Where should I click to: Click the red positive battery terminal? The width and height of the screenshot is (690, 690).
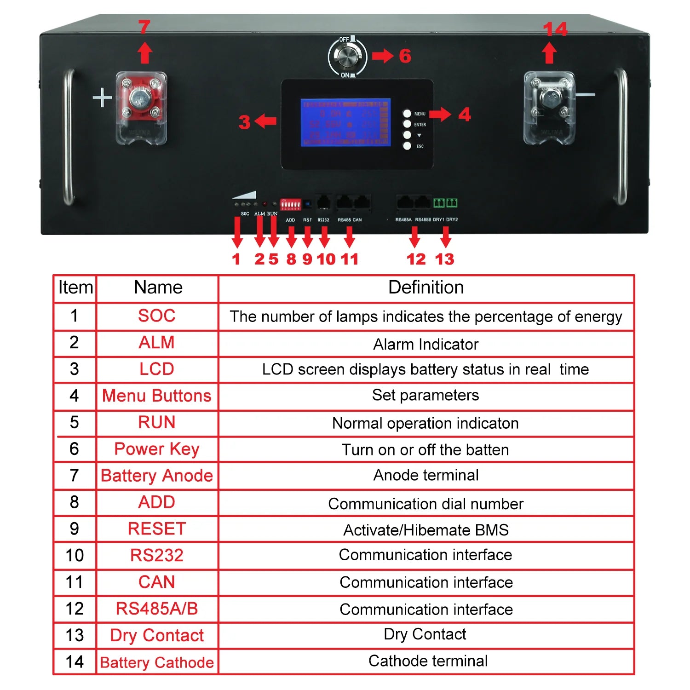(140, 100)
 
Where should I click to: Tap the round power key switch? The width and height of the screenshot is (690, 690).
(347, 57)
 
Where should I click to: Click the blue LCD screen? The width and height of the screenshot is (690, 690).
(345, 122)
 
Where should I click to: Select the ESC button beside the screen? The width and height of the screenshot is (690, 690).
(407, 146)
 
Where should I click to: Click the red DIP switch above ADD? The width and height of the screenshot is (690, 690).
(290, 204)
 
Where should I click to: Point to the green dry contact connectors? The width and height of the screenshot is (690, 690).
(445, 203)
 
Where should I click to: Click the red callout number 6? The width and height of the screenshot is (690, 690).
(405, 56)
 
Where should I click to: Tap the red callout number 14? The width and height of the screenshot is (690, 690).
(555, 29)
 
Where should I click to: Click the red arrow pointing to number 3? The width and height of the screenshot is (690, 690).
(266, 122)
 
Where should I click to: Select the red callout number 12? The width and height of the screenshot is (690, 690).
(416, 259)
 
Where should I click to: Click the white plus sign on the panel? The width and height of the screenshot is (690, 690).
(102, 98)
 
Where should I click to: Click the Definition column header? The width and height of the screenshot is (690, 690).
(426, 288)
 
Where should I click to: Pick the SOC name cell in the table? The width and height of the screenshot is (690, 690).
(157, 316)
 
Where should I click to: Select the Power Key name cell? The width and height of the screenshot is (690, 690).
(157, 449)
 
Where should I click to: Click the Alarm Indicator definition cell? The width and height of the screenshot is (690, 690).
(426, 344)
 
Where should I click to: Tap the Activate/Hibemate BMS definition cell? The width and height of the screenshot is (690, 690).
(426, 530)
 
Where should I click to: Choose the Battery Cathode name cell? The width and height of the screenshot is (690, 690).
(157, 662)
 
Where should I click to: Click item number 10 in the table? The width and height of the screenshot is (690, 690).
(75, 556)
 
